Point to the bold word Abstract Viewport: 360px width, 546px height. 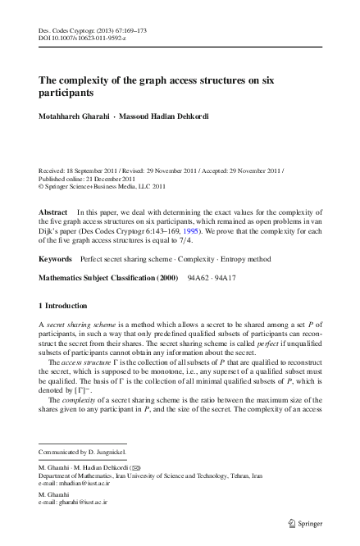coord(53,212)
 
